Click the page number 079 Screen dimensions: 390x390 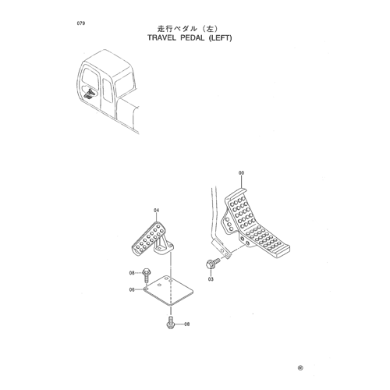81,23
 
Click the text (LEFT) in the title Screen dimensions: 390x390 220,38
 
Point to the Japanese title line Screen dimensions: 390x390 187,28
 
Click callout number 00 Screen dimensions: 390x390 242,173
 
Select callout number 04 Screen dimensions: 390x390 156,210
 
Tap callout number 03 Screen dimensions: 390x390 211,279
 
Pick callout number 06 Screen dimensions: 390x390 132,289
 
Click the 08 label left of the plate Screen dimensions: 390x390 132,273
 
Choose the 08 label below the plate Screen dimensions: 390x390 186,324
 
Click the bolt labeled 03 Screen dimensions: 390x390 213,263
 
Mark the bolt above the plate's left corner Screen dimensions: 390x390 145,276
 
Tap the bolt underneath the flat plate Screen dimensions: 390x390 170,322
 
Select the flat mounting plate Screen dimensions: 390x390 168,290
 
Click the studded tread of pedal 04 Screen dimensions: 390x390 149,238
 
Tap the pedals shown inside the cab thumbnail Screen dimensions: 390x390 88,94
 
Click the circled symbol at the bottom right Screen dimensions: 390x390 300,368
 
